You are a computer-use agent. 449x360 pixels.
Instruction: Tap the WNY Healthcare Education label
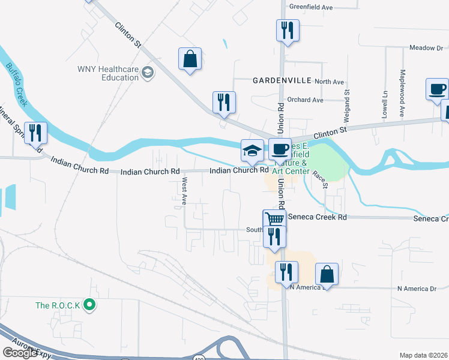tap(107, 73)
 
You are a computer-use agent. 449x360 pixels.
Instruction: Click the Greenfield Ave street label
tap(311, 7)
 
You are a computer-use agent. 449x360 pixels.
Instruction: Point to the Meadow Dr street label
tap(426, 47)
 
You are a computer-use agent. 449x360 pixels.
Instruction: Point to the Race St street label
tap(325, 178)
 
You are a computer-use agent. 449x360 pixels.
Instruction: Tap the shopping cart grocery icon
tap(274, 219)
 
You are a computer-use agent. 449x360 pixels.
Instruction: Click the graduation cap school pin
tap(252, 151)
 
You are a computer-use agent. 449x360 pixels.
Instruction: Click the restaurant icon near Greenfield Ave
tap(287, 29)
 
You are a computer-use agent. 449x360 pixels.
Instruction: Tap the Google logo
tap(20, 352)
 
